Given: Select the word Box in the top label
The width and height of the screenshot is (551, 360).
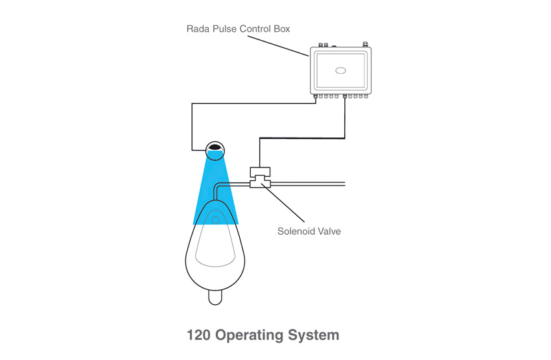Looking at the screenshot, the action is coord(282,29).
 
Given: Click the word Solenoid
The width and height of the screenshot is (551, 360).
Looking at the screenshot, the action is coord(295,232).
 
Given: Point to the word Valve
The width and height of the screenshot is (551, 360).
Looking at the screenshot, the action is coord(328,232).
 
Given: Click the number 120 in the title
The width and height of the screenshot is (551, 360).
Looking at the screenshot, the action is coord(198,335).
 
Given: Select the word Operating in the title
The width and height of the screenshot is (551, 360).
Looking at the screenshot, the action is coord(249,336).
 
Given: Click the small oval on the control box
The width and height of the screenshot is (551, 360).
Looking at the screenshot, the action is coord(340,71).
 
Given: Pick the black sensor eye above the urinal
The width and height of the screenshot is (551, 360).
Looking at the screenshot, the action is coord(215,147).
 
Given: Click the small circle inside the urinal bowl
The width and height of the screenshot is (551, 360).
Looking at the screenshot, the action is coord(215,220).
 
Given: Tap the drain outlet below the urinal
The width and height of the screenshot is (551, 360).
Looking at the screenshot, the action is coord(215,298).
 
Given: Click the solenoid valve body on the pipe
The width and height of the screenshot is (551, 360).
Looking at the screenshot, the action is coord(260,178).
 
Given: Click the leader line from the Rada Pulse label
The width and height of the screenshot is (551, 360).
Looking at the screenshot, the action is coord(277,45).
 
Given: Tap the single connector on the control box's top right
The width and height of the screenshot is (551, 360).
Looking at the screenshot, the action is coord(365,44).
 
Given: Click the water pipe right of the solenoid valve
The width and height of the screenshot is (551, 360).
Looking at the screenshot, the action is coord(308,184).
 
